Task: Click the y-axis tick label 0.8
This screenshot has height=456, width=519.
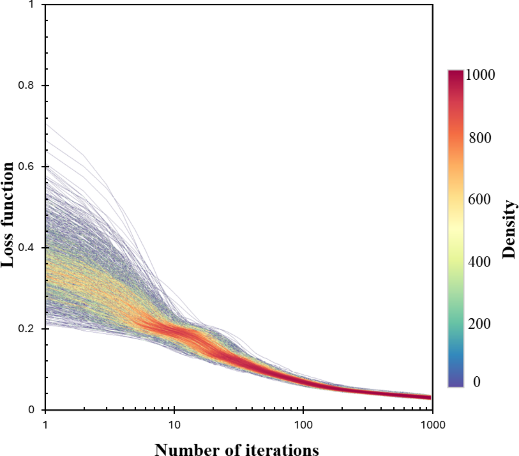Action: pos(26,85)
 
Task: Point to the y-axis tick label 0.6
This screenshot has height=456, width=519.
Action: pos(26,166)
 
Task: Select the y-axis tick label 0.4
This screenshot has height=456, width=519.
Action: pos(26,248)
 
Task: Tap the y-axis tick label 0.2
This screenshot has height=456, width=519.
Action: pos(26,329)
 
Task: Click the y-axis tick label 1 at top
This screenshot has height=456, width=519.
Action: pos(31,4)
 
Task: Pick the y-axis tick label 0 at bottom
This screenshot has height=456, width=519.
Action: pos(31,410)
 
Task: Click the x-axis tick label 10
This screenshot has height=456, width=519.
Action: pos(174,425)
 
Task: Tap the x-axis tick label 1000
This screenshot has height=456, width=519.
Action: pos(432,425)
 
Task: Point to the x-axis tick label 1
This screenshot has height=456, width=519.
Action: pos(45,425)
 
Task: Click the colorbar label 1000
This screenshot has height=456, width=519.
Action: pos(480,75)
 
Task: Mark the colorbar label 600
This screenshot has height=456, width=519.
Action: pos(479,200)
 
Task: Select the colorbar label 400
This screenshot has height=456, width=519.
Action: pos(479,262)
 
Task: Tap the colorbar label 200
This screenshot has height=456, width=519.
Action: pos(479,324)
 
